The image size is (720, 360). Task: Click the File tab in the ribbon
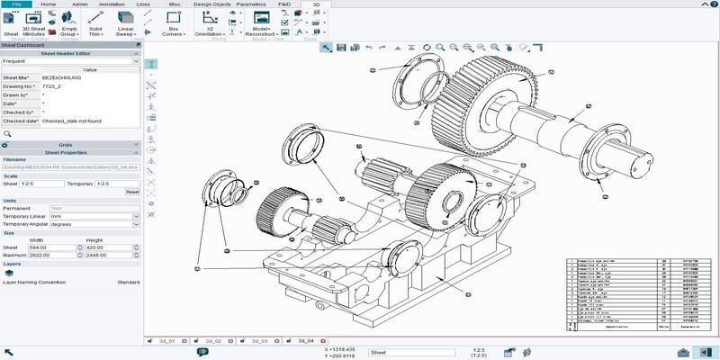16,4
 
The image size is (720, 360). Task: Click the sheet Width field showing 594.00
44,247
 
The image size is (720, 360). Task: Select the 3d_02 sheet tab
212,342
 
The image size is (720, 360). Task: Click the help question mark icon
712,4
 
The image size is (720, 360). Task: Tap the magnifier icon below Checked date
7,133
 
